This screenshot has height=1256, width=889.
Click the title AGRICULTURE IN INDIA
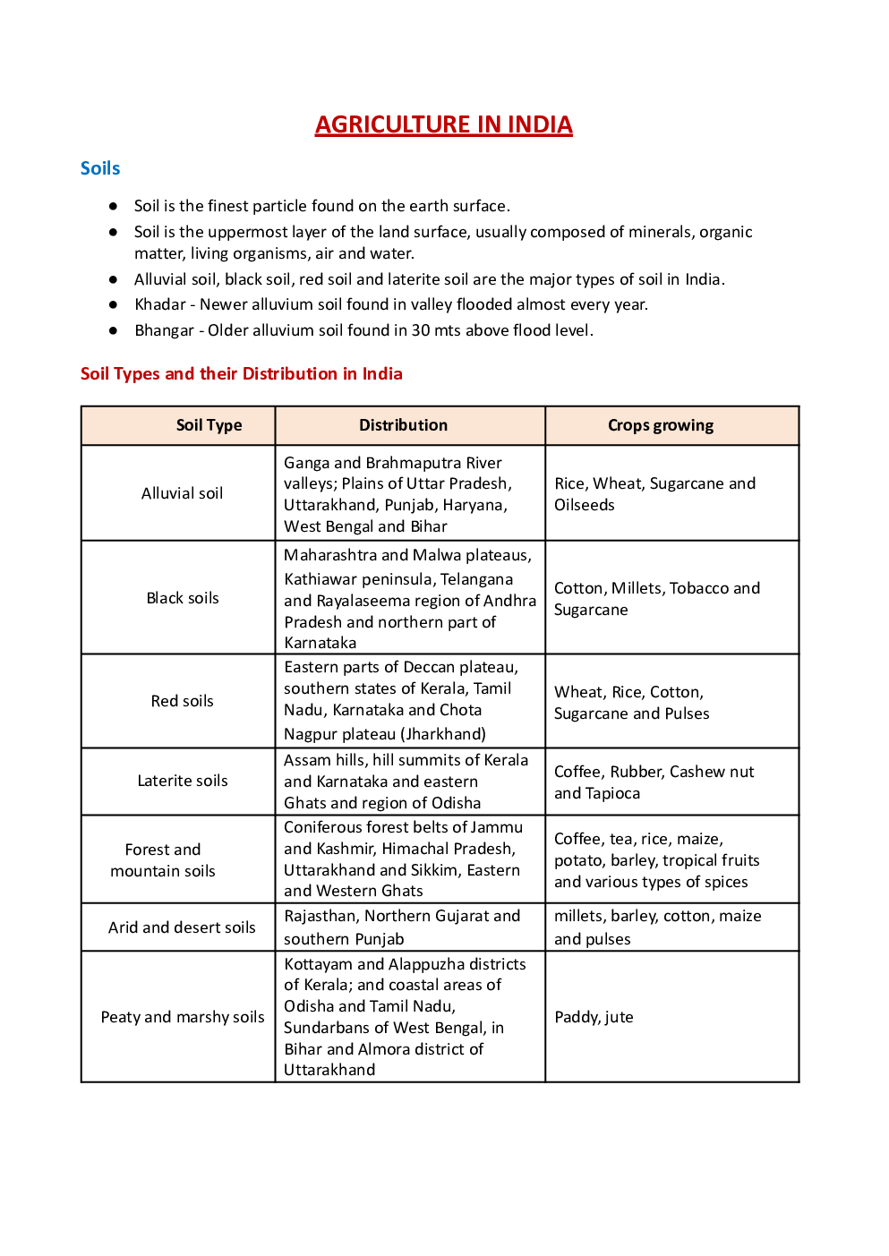point(443,124)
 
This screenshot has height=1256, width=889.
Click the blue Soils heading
point(100,168)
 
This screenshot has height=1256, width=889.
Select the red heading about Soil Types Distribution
point(241,373)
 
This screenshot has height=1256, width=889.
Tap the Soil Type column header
point(209,425)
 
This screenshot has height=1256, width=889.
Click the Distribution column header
point(403,425)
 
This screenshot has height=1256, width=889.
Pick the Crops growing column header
point(661,425)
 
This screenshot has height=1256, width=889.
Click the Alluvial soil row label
point(182,493)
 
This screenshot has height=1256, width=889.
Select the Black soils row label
point(183,598)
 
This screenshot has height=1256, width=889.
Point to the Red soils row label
point(182,701)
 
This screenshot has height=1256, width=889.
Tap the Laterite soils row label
point(183,781)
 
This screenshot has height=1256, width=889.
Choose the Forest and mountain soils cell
point(163,860)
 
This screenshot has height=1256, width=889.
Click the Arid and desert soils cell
point(182,927)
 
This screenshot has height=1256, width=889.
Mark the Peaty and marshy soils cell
point(183,1017)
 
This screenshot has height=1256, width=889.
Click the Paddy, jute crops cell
point(594,1017)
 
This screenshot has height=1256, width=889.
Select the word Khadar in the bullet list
point(160,304)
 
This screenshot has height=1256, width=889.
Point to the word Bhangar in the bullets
point(164,330)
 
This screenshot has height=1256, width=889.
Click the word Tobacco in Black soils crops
point(697,588)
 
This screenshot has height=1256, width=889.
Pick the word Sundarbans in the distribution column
point(327,1028)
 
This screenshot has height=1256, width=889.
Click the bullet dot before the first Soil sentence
point(113,206)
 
